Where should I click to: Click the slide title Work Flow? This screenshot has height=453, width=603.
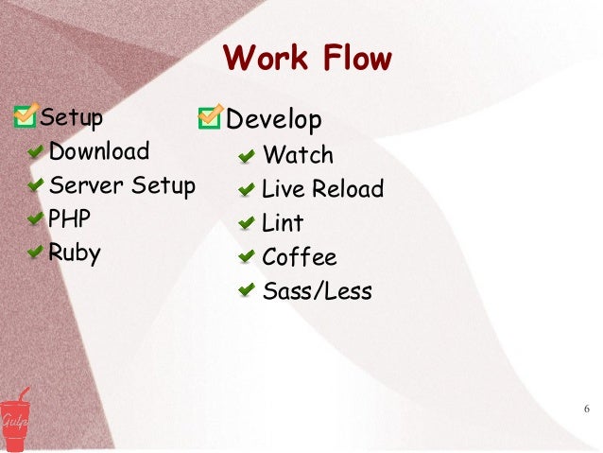point(307,59)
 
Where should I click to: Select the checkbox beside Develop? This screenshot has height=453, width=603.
point(210,119)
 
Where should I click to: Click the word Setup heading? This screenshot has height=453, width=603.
point(71,119)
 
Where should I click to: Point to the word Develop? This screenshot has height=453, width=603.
point(275,120)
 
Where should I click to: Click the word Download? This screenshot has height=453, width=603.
point(99,151)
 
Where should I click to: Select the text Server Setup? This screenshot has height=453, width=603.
point(122,184)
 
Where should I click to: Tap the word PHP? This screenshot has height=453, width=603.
point(70,218)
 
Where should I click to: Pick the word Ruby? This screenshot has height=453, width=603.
point(75,253)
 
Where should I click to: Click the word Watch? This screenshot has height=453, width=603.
point(298,154)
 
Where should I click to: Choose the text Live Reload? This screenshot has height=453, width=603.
point(322,189)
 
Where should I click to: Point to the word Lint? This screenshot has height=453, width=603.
point(283,223)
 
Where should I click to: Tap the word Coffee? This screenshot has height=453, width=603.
point(299,257)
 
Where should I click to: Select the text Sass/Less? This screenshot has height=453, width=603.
point(317,291)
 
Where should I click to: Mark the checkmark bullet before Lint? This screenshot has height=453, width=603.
point(246,223)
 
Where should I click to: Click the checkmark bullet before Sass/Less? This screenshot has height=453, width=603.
point(246,291)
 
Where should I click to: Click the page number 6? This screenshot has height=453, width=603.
point(587,409)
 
